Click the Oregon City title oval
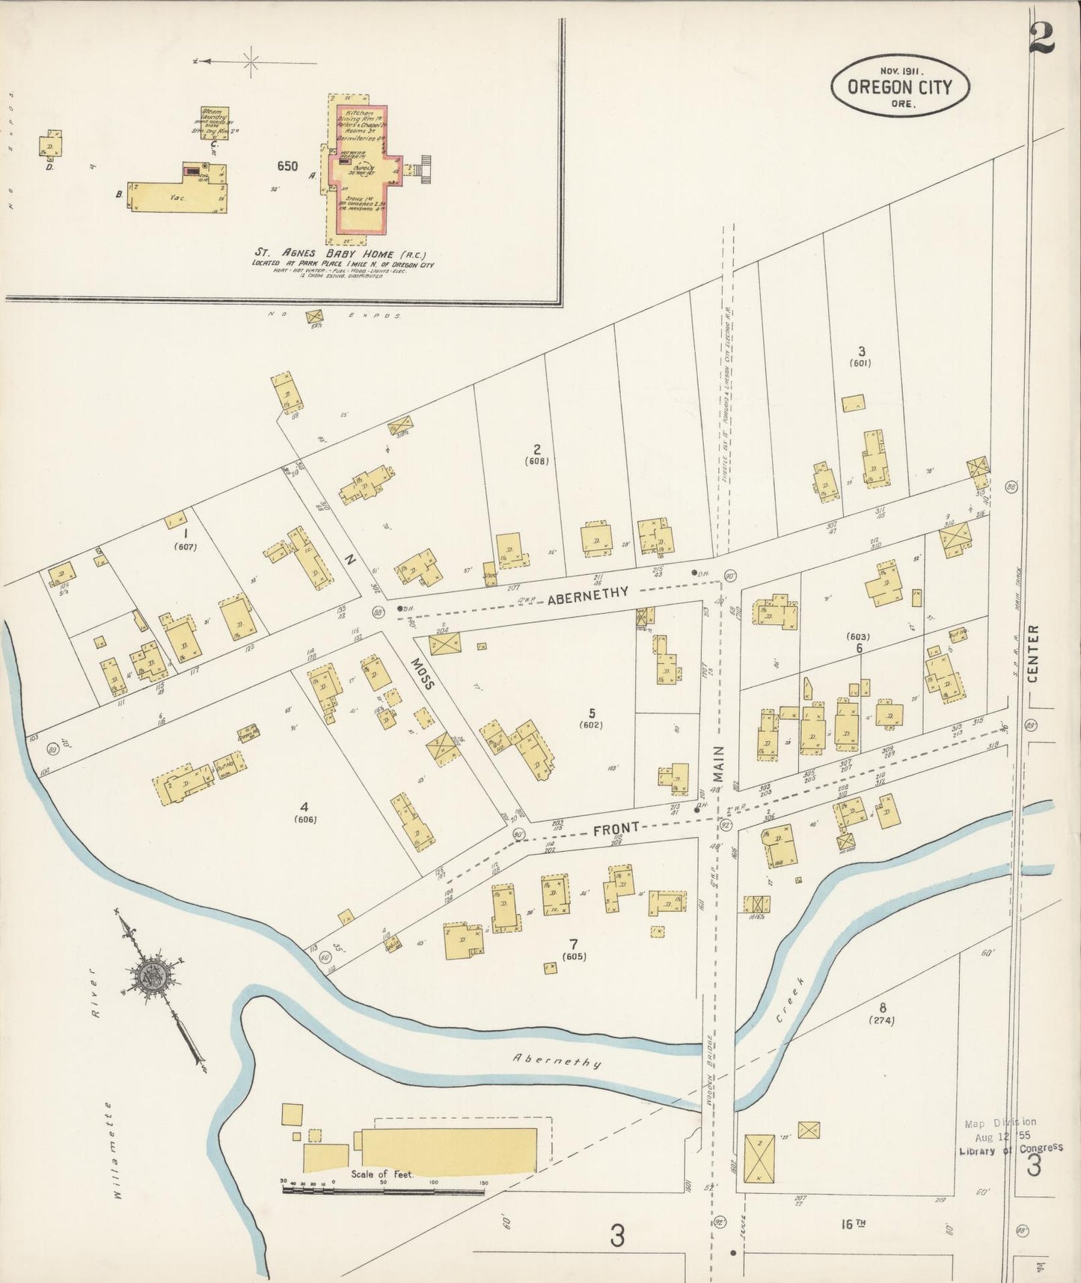click(x=900, y=85)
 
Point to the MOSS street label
click(x=422, y=673)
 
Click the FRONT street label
click(x=616, y=829)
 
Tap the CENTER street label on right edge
click(x=1033, y=654)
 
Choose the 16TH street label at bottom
click(x=852, y=1224)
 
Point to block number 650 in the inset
click(x=287, y=166)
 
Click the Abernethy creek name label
click(x=557, y=1061)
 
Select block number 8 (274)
click(x=882, y=1013)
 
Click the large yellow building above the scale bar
click(x=447, y=1149)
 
